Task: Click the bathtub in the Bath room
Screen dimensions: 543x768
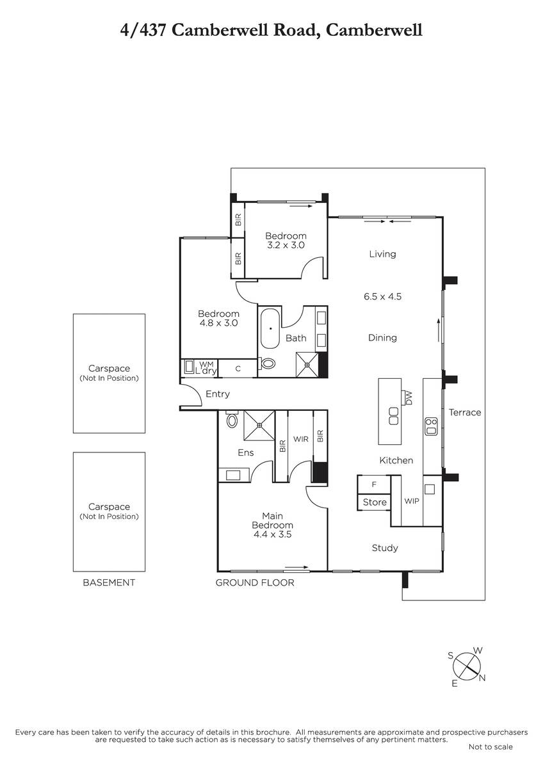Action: [x=271, y=328]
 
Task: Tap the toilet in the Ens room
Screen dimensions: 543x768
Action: [x=232, y=419]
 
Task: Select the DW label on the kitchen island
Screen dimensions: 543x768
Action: [x=408, y=397]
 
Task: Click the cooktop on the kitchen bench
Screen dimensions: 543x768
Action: [x=431, y=426]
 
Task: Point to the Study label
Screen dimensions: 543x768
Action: [x=385, y=548]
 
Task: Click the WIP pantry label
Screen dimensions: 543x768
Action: [x=412, y=501]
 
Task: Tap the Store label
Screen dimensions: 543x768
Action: [x=375, y=502]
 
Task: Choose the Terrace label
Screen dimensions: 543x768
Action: [x=465, y=412]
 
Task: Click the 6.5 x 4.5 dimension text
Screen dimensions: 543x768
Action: [x=382, y=296]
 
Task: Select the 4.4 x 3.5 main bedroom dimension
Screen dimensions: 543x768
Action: [x=272, y=534]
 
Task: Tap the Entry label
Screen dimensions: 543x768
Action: [x=218, y=394]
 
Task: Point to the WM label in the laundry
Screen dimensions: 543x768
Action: [x=206, y=364]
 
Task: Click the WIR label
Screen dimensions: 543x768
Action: [x=301, y=439]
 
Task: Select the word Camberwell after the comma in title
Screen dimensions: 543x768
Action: [x=374, y=30]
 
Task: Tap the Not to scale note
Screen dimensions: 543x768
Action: [x=490, y=747]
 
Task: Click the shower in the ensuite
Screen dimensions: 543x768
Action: [x=259, y=426]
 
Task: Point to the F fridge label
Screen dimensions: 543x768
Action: [x=374, y=484]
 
